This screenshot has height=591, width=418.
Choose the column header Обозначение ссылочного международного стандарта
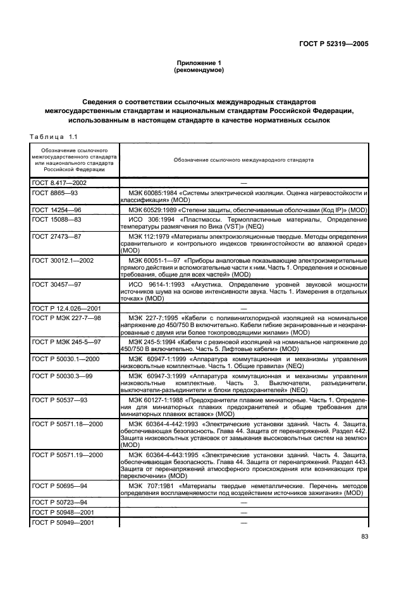(x=243, y=160)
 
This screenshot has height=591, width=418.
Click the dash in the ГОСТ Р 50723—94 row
(x=243, y=501)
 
